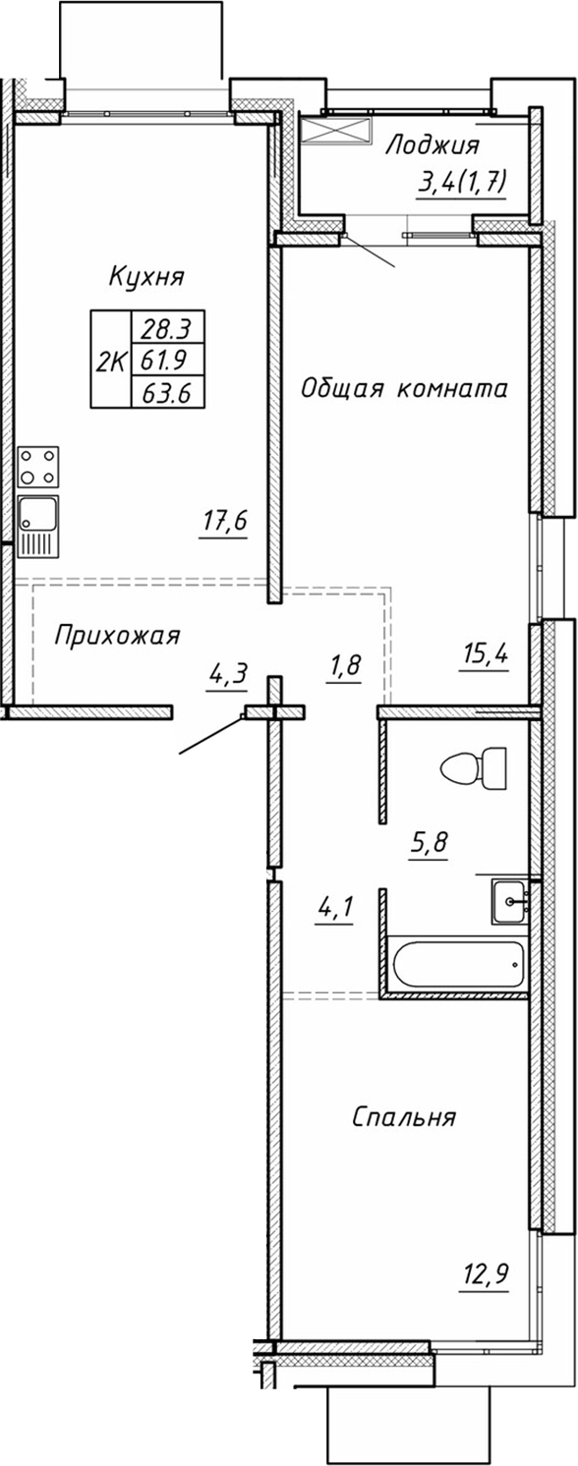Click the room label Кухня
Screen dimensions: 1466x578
146,276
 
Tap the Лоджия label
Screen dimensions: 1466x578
432,146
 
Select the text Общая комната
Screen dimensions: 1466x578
404,389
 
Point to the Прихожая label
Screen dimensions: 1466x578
117,636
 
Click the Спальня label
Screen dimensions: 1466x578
403,1117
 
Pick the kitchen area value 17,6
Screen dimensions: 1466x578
223,521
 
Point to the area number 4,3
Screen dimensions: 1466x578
227,675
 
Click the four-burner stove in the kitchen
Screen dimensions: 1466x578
37,467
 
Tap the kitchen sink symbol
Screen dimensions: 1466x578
37,526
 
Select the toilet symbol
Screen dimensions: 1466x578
475,765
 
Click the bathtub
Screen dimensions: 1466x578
455,966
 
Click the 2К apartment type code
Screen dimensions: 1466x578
110,361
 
